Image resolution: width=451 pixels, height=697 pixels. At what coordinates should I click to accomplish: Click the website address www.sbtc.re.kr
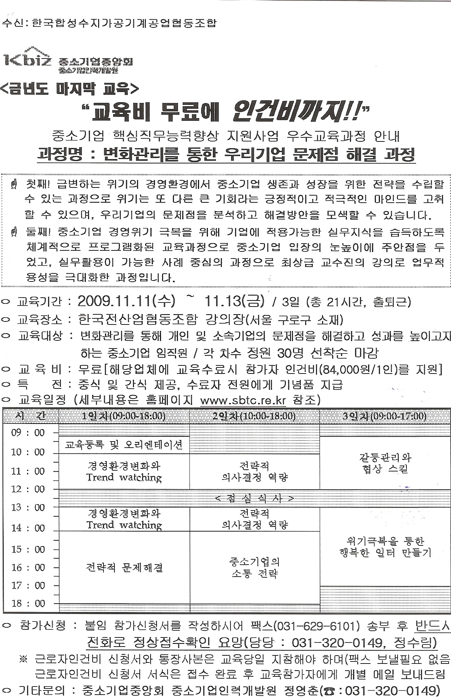coord(243,401)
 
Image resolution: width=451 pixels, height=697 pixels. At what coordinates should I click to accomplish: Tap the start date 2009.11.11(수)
coord(126,301)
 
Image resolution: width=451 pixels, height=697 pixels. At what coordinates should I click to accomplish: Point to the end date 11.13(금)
coord(234,301)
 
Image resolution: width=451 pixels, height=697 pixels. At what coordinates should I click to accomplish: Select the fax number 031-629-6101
coord(318,626)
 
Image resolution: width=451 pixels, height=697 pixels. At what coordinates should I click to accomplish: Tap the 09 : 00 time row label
coord(28,433)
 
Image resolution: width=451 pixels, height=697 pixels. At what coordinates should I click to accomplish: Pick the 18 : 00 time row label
coord(28,604)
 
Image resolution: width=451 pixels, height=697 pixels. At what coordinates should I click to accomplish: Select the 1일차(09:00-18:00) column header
coord(124,416)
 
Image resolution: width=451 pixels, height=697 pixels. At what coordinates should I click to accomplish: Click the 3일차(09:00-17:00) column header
coord(385,416)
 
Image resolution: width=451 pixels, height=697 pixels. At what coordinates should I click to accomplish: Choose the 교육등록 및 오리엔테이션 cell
coord(124,445)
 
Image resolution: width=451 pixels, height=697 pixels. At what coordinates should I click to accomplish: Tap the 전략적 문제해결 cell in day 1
coord(124,567)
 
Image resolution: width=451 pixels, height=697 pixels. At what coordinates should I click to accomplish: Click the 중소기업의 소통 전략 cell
coord(254,567)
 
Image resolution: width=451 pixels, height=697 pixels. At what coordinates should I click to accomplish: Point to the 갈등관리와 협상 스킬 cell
coord(385,463)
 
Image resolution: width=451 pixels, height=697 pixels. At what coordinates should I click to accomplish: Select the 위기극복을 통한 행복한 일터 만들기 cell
coord(385,547)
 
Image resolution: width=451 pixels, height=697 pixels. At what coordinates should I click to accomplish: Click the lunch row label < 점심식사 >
coord(254,498)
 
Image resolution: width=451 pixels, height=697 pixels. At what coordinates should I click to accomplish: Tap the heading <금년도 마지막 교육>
coord(69,89)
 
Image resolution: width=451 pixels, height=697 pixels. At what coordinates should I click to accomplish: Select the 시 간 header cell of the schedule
coord(31,416)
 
